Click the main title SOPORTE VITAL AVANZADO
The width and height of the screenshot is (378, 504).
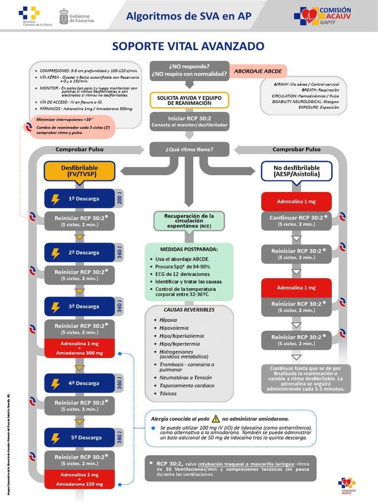pos(189,46)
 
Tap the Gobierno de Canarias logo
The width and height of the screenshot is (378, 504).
pos(76,16)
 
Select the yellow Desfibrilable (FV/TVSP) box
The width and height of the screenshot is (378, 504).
pos(79,171)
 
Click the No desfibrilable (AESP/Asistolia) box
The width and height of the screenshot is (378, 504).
pos(296,171)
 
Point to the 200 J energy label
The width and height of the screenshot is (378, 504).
pos(119,198)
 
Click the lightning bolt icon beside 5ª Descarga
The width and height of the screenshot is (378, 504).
pos(56,437)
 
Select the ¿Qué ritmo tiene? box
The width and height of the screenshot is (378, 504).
pos(189,149)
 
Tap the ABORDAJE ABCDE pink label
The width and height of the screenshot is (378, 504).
pos(258,71)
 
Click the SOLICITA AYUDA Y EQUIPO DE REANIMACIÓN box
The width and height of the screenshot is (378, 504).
pos(189,100)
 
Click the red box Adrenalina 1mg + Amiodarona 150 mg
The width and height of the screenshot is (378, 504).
pos(79,480)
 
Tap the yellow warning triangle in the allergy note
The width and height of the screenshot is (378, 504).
pos(215,418)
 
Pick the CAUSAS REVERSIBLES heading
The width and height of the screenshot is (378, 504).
pos(189,310)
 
